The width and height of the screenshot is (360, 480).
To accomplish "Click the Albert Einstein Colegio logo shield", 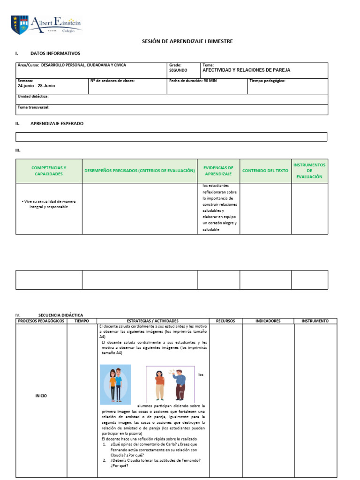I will click(x=20, y=25).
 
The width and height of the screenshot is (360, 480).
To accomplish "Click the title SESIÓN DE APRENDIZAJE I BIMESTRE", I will click(x=187, y=42).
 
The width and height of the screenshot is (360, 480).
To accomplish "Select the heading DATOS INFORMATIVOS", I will click(x=55, y=53).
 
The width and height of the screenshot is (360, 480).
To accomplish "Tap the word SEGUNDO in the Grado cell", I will click(x=178, y=70).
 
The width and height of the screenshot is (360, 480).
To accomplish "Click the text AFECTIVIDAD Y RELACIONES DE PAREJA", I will click(x=246, y=70).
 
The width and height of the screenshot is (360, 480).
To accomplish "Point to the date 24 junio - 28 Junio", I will click(x=36, y=86).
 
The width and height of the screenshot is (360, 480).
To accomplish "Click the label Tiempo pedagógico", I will click(x=267, y=81).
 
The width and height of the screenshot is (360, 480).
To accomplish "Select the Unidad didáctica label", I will click(x=33, y=96).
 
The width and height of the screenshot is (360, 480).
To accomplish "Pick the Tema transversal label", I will click(x=34, y=107).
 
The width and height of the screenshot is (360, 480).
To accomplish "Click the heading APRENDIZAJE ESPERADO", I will click(x=57, y=123).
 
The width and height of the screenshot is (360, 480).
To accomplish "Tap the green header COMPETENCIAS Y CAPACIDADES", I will click(x=49, y=171).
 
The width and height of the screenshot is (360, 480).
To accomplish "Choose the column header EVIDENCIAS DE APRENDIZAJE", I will click(x=218, y=171).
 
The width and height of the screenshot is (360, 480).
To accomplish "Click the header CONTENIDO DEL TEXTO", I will click(x=265, y=171).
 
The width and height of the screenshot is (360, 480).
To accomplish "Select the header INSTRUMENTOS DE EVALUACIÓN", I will click(x=309, y=171).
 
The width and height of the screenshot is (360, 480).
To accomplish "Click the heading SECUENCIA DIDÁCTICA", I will click(x=60, y=315).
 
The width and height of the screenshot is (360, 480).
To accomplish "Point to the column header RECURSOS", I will click(x=225, y=321).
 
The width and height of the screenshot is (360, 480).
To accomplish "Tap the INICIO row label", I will click(x=41, y=396).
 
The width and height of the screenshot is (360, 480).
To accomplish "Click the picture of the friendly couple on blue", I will click(x=116, y=385).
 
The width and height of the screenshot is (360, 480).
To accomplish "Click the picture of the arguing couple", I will click(x=170, y=385).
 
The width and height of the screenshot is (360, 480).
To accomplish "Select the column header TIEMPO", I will click(x=82, y=321).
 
